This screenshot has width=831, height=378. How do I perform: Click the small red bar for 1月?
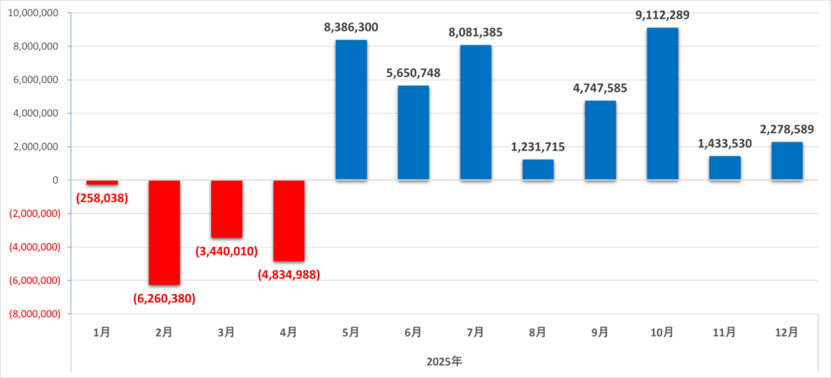coord(102,183)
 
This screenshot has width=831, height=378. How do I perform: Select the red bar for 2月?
coord(165,232)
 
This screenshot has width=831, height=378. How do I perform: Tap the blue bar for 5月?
coord(351,110)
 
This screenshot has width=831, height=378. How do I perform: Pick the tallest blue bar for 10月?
coord(662,104)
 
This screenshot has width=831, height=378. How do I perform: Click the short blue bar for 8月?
coord(538,170)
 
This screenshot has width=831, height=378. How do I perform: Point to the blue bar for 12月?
coord(786,161)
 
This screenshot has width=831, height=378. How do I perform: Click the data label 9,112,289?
coord(662,15)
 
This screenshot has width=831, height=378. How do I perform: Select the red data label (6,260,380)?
coord(165,298)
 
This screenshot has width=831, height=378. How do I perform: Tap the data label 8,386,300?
coord(351,27)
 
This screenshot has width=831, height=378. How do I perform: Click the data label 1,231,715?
coord(538,147)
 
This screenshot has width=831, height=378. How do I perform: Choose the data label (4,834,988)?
coord(289,274)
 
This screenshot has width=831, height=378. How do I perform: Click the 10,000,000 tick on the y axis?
coord(34,14)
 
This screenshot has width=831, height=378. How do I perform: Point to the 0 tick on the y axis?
coord(57,180)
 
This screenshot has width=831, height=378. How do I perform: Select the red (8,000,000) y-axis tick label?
coord(34,314)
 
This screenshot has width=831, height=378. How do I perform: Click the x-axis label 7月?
coord(476,332)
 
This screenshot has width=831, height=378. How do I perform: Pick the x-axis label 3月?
coord(226,332)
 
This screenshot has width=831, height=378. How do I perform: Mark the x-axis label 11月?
coord(725,332)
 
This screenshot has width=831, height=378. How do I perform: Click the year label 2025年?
coord(444,359)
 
